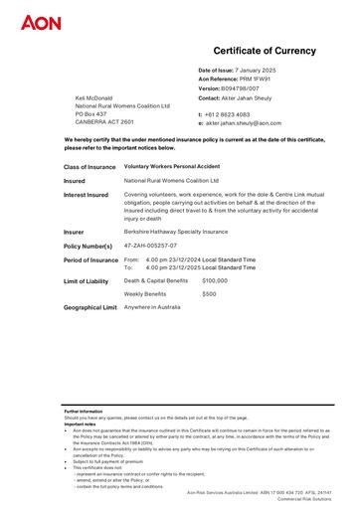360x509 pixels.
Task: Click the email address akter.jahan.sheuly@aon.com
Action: [247, 123]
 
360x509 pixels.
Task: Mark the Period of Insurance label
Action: [90, 259]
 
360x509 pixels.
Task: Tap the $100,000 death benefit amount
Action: [215, 281]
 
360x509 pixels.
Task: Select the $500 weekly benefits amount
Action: [209, 294]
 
